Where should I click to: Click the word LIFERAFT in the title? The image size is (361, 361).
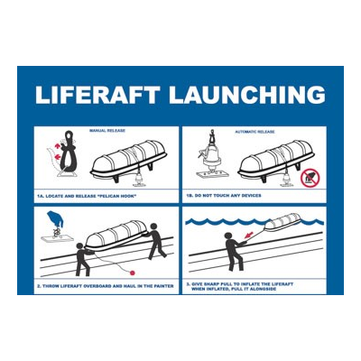click(x=92, y=95)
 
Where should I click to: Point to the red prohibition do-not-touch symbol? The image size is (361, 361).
click(x=310, y=177)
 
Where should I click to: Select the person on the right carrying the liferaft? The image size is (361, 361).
click(x=155, y=242)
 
